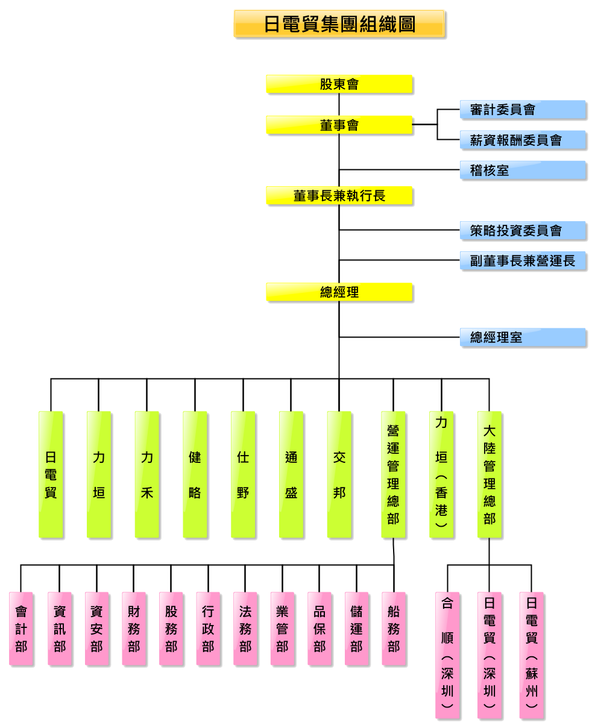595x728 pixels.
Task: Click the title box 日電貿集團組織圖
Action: (339, 24)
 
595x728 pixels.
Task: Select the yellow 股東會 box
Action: (339, 84)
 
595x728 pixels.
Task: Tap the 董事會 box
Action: (339, 125)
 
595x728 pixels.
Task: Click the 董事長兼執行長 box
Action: (339, 195)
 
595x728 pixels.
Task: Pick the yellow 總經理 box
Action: (339, 292)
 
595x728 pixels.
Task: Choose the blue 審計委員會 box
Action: (523, 110)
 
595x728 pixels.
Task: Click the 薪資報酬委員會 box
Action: (523, 140)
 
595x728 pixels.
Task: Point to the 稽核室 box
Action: (523, 170)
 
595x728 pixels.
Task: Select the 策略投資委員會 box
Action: (523, 231)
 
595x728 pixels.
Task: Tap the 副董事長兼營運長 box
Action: (523, 260)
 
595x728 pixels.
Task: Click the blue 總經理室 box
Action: (523, 337)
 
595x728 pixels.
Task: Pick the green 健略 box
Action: (195, 474)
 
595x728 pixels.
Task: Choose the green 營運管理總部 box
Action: (393, 474)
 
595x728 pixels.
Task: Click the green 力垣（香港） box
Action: (441, 474)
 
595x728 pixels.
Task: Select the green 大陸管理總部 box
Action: (489, 474)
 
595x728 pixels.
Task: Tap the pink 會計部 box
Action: (20, 628)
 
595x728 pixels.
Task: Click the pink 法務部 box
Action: (245, 628)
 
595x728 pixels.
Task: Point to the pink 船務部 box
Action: (393, 628)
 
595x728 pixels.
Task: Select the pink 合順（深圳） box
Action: (447, 655)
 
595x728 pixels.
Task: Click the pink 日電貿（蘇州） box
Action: (531, 655)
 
